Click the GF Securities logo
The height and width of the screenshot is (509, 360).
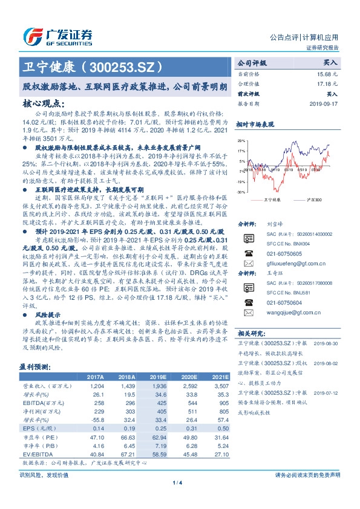pos(57,36)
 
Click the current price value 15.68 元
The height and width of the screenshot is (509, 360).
pos(325,73)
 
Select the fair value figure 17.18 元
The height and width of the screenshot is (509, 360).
pos(325,83)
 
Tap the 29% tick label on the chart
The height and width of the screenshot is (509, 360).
pos(241,141)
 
